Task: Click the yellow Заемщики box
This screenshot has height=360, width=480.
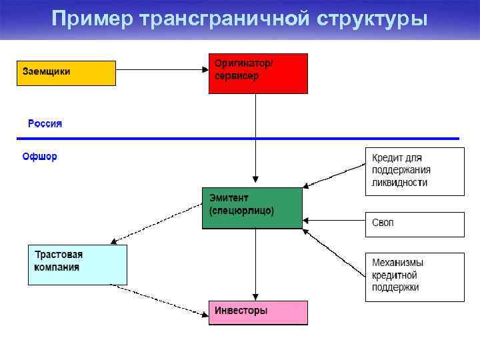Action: [66, 73]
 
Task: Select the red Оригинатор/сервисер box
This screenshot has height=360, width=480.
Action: [258, 73]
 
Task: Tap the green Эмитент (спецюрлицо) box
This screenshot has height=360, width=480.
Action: [252, 208]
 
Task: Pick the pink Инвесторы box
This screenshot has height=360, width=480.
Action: [258, 312]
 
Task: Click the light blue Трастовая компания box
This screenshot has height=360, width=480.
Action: [77, 265]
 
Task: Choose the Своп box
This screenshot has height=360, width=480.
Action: [414, 224]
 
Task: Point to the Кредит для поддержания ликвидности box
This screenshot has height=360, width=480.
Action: [414, 171]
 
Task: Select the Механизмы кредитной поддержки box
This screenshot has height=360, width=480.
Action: [414, 276]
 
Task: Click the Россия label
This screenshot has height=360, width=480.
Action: [45, 123]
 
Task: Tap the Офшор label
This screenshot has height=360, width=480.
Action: [39, 157]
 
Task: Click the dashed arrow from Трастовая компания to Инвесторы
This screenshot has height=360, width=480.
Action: [160, 299]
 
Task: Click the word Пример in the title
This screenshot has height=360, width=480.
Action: [92, 19]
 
